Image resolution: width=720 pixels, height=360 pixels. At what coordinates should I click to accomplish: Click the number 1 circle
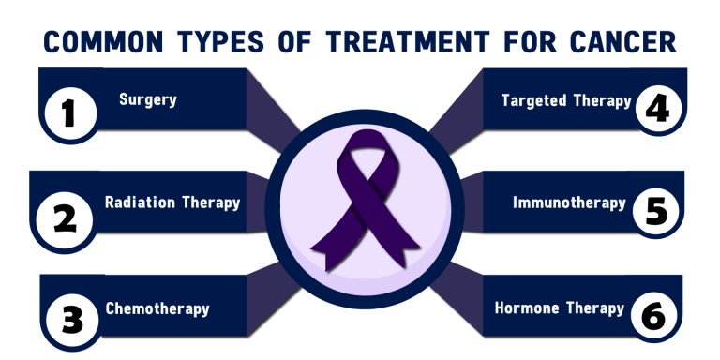click(x=67, y=114)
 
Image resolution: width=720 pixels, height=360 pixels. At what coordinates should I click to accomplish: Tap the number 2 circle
click(x=65, y=218)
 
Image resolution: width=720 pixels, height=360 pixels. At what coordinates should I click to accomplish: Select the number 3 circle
click(x=68, y=319)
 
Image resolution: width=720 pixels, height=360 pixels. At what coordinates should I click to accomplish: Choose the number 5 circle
click(x=657, y=211)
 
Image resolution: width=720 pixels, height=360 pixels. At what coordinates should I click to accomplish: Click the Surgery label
click(x=148, y=99)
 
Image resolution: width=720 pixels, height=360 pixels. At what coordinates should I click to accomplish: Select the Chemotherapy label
click(x=157, y=308)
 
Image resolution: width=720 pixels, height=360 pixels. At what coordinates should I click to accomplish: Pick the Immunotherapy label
click(x=569, y=202)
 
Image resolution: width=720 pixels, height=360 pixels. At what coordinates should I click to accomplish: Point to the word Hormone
click(x=528, y=308)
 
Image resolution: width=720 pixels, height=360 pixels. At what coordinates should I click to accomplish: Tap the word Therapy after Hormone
click(x=594, y=308)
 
